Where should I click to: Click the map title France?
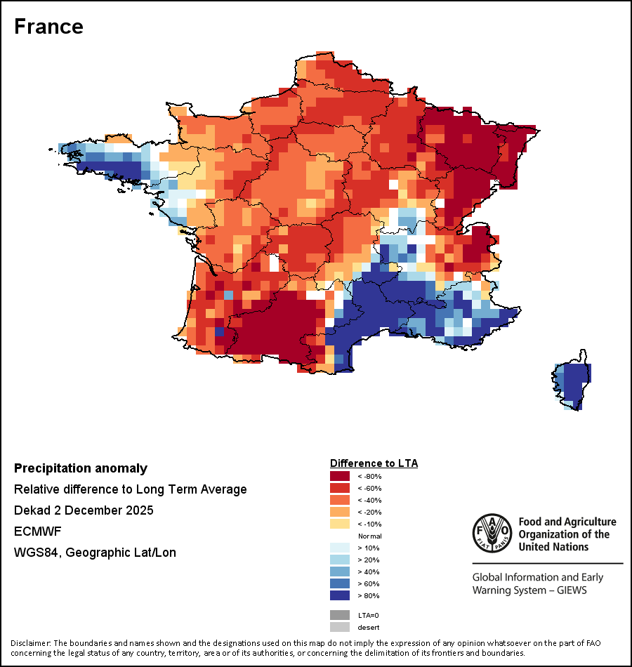click(x=48, y=27)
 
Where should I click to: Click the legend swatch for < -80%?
click(x=339, y=477)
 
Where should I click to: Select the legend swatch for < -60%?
click(x=339, y=489)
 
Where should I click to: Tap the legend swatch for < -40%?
click(x=339, y=501)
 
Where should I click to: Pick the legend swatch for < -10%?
click(x=339, y=524)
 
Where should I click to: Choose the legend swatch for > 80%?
click(x=339, y=596)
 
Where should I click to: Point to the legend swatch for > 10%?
click(x=339, y=548)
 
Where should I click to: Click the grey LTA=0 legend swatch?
click(x=339, y=615)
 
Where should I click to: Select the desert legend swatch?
click(x=339, y=627)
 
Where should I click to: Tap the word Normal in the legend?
click(x=369, y=536)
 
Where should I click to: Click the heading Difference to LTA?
click(x=374, y=463)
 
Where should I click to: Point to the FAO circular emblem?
click(x=492, y=533)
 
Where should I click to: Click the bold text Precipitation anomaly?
click(x=81, y=468)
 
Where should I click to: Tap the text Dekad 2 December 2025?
click(x=84, y=510)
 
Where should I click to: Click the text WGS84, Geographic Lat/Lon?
click(x=95, y=553)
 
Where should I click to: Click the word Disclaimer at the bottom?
click(x=30, y=643)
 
